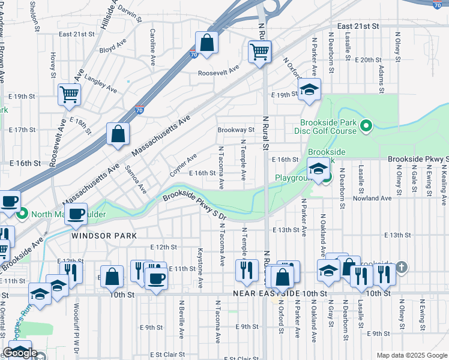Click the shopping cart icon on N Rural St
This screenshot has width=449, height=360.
pos(259,52)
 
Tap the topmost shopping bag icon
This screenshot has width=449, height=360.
pos(206,43)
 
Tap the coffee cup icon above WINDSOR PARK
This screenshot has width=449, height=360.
pos(76,214)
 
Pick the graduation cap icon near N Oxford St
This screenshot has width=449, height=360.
pos(310,91)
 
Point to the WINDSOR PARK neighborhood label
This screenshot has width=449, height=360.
pos(101,236)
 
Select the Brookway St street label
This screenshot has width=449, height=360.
pos(236,130)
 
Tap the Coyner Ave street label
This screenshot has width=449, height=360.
pos(183,166)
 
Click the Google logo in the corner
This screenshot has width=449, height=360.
pos(20,353)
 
